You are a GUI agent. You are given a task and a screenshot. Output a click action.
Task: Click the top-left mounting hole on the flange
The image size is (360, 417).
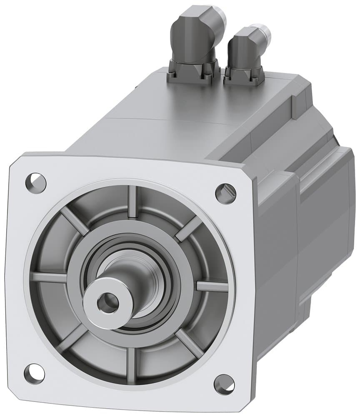click(35, 182)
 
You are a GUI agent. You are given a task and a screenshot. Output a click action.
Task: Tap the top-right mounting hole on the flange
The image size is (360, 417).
click(225, 193)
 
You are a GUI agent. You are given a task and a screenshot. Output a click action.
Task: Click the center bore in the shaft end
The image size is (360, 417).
click(107, 302)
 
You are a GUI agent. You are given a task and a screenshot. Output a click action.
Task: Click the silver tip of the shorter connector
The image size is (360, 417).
click(264, 32)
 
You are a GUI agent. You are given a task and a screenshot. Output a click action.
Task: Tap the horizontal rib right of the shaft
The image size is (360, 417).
click(212, 286)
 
